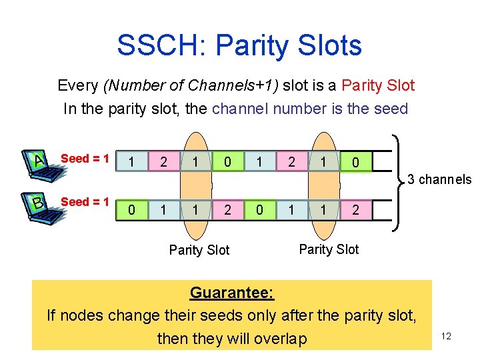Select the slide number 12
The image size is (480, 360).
[x=446, y=336]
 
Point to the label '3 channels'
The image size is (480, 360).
[x=439, y=179]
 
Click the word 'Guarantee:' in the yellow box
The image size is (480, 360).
[x=232, y=293]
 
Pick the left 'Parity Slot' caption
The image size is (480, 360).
[x=199, y=250]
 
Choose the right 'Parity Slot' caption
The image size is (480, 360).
[x=329, y=249]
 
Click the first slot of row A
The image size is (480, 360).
[x=131, y=162]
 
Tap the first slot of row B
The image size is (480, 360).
[x=131, y=210]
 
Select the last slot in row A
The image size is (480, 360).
[x=355, y=162]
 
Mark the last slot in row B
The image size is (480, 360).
[x=355, y=210]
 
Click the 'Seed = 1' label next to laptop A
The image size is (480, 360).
[x=85, y=159]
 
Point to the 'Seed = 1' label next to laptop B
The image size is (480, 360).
[x=85, y=201]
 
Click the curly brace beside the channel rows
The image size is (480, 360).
[x=398, y=180]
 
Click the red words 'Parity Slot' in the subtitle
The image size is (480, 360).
[x=378, y=85]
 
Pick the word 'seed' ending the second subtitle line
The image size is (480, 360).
[x=390, y=109]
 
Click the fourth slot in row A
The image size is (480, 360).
[x=228, y=162]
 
